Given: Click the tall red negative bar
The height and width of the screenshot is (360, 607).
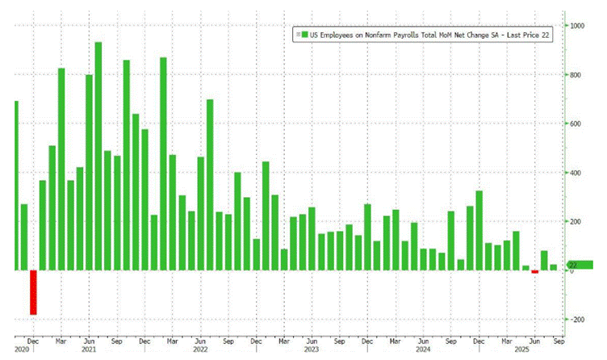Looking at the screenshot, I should (x=33, y=292).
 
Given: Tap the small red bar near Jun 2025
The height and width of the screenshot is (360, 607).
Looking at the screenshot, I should (x=534, y=272).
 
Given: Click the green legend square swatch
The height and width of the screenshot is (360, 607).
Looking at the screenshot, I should (x=298, y=35).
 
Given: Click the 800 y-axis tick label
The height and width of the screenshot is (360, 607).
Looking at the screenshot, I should (x=576, y=75).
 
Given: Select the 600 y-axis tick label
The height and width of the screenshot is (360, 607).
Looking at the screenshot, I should (x=576, y=123).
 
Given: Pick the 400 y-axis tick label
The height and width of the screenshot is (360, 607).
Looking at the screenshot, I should (x=576, y=173).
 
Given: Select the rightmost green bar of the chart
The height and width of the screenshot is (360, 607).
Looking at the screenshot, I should (x=553, y=267).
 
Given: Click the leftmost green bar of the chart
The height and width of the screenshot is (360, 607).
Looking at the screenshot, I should (x=16, y=186).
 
